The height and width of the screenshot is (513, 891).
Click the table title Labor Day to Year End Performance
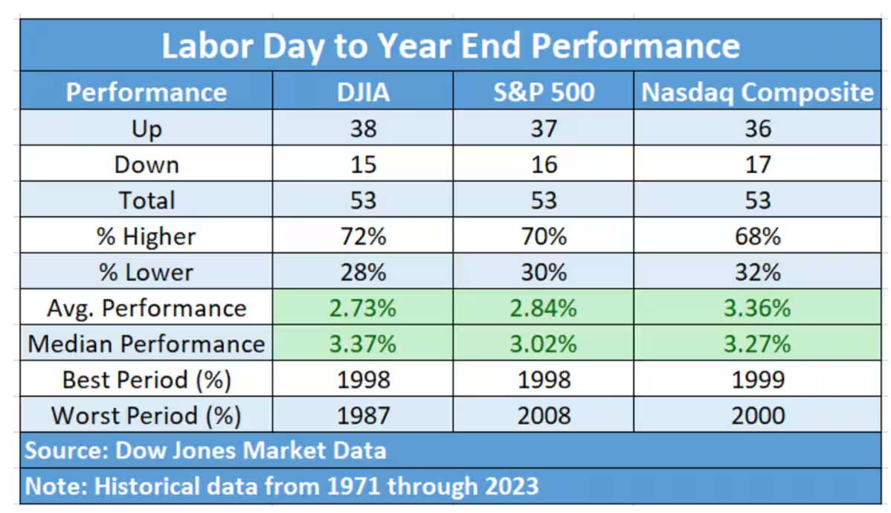click(451, 45)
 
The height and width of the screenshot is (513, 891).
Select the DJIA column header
click(364, 92)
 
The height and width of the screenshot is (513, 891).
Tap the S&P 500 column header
click(544, 92)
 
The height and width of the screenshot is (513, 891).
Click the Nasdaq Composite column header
click(757, 92)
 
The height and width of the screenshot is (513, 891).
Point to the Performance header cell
click(147, 92)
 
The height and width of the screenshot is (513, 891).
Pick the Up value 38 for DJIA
click(364, 129)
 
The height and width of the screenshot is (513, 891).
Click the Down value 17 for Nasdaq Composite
click(757, 164)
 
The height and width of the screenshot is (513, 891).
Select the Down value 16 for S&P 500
click(544, 164)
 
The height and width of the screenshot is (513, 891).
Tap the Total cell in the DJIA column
click(364, 200)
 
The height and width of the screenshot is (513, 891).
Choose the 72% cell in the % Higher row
click(364, 236)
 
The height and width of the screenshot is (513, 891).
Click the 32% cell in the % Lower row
click(757, 272)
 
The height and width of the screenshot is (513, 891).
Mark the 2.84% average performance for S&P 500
click(544, 308)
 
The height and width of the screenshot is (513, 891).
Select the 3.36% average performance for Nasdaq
click(757, 308)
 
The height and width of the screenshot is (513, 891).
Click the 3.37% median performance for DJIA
click(364, 344)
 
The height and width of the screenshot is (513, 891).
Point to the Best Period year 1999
click(757, 380)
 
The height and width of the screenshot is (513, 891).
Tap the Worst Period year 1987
click(364, 415)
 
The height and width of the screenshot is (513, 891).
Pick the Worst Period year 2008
click(544, 415)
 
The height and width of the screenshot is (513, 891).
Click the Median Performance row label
click(147, 344)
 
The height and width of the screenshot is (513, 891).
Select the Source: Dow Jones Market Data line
click(205, 451)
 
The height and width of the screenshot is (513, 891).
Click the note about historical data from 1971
click(282, 486)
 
